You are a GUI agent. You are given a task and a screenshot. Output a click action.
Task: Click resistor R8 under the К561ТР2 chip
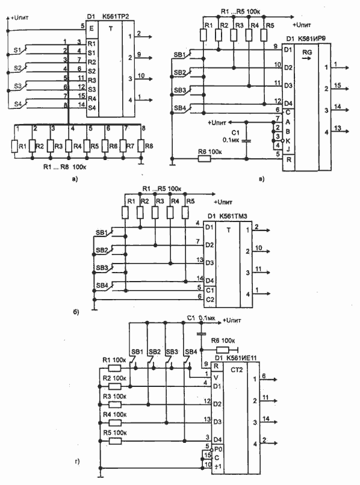(x=140, y=146)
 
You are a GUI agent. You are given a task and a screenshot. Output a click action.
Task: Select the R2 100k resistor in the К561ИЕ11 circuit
(x=114, y=378)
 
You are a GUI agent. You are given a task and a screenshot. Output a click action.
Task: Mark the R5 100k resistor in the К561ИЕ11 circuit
(x=114, y=433)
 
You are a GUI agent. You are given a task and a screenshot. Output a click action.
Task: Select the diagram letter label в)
(x=260, y=178)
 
